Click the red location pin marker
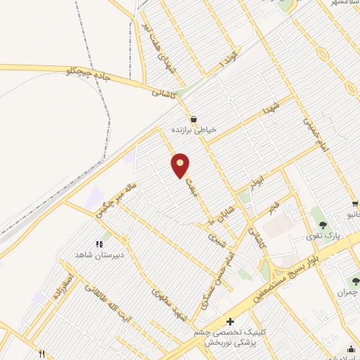pos(181,165)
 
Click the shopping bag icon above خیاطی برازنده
pos(193,118)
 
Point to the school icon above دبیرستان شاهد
pos(99,244)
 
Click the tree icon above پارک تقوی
pos(323,225)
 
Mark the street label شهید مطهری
pos(167,302)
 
